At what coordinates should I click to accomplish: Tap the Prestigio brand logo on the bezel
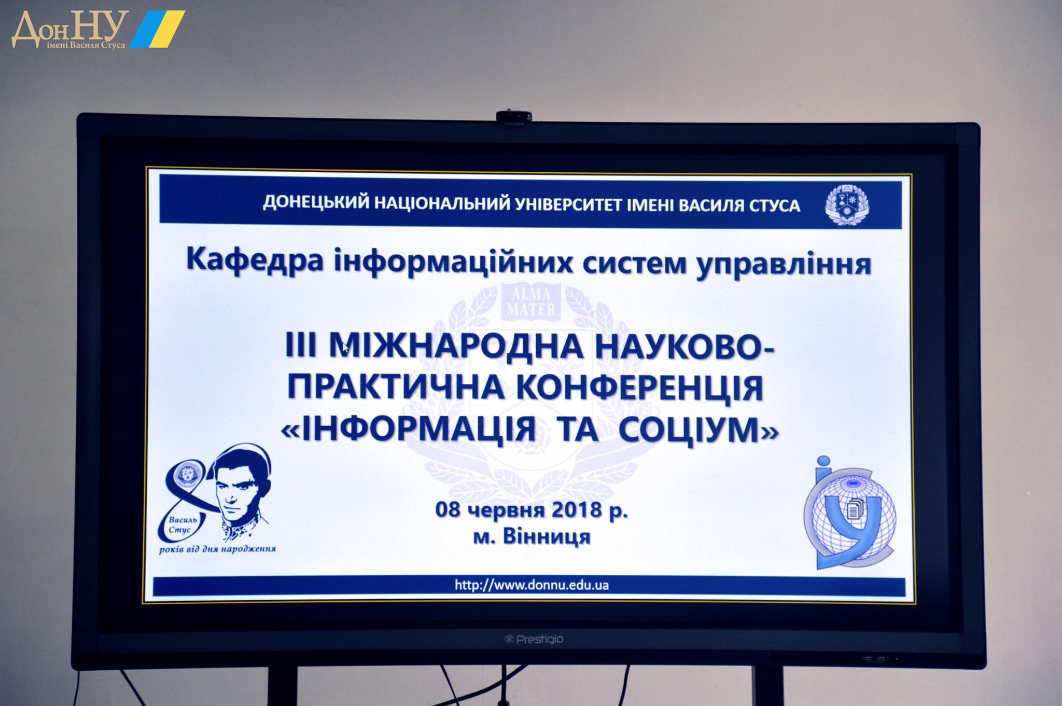pos(534,639)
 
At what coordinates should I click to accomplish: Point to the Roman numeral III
pos(300,346)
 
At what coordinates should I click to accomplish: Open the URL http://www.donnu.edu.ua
pos(532,585)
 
